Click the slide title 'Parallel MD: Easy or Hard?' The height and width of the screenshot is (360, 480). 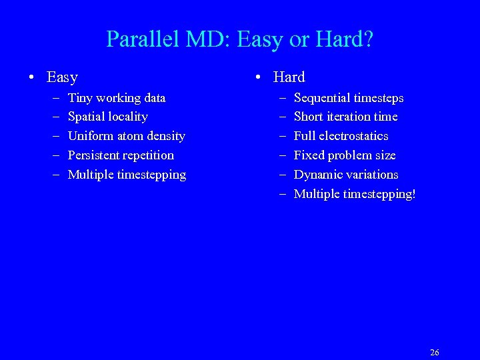[x=240, y=39]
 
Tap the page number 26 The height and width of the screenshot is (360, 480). [x=435, y=353]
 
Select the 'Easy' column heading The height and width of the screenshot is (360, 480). [x=62, y=77]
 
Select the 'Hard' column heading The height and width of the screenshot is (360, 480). [x=289, y=77]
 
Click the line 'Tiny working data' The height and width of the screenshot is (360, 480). [x=117, y=98]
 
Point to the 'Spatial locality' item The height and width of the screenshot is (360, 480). [x=108, y=117]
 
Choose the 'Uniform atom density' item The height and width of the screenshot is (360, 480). [x=127, y=136]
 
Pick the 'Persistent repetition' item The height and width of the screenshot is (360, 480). [x=121, y=155]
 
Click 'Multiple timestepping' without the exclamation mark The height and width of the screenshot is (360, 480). [x=127, y=175]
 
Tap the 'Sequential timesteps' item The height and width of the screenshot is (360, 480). [x=349, y=98]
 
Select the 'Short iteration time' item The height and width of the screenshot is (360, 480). [x=345, y=117]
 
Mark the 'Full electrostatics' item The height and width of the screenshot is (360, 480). [x=341, y=136]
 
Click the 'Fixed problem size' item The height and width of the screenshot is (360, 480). [x=345, y=155]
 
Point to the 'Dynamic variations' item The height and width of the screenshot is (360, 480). [x=346, y=175]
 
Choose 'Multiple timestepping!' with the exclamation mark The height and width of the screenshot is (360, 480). [x=355, y=194]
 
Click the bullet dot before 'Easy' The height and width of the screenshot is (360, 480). [x=32, y=78]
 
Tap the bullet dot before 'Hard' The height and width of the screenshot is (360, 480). [x=259, y=78]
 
